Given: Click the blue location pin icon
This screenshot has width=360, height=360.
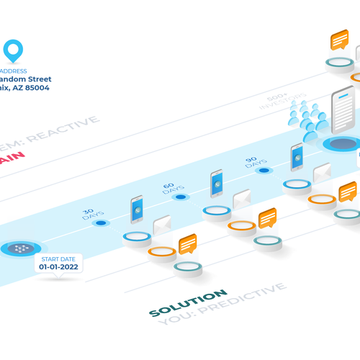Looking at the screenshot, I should pyautogui.click(x=13, y=50).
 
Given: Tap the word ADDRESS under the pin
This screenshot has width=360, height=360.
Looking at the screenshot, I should pyautogui.click(x=14, y=71).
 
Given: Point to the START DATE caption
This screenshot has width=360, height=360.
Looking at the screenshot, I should pyautogui.click(x=60, y=258).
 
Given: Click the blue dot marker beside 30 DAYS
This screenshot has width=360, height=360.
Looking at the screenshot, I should pyautogui.click(x=102, y=223).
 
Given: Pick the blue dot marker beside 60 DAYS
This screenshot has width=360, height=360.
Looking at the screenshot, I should pyautogui.click(x=181, y=197).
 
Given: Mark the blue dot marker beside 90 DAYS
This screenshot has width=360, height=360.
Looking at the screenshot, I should pyautogui.click(x=264, y=171).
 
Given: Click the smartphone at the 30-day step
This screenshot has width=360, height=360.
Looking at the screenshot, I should pyautogui.click(x=137, y=210).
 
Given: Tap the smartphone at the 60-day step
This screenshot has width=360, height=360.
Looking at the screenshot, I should pyautogui.click(x=217, y=184).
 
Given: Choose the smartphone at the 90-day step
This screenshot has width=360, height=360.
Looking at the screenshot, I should pyautogui.click(x=297, y=157).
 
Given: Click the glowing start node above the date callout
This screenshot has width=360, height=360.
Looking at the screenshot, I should pyautogui.click(x=22, y=248).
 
